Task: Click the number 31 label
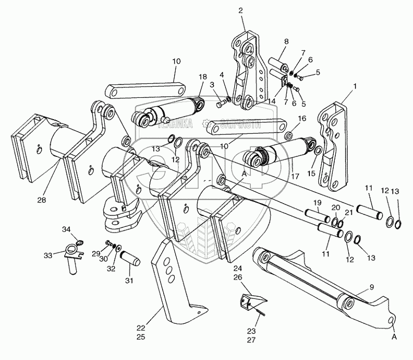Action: (x=129, y=280)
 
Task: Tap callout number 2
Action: (x=240, y=10)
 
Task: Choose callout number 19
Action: (x=318, y=203)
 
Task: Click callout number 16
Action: (x=303, y=119)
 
